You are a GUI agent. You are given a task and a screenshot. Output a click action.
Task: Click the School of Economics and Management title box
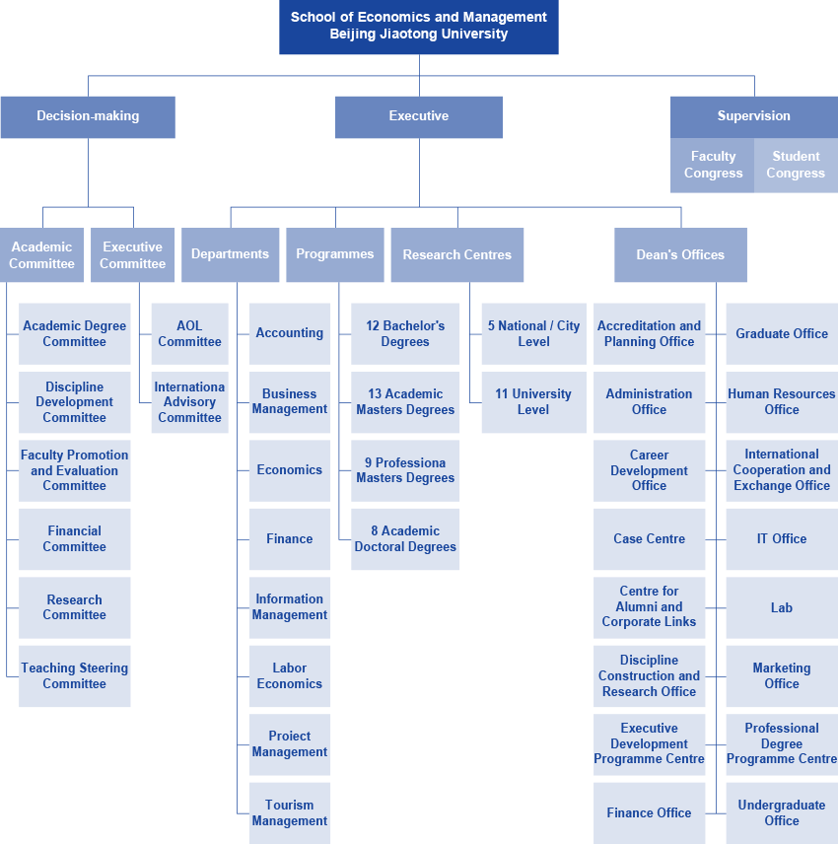(x=419, y=27)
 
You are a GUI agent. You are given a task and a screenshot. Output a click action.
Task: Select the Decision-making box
(x=88, y=117)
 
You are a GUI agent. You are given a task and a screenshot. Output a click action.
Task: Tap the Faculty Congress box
(x=713, y=166)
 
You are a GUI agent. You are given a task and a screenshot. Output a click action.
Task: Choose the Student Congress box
(x=796, y=166)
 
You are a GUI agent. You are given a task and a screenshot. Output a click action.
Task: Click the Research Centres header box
(x=456, y=254)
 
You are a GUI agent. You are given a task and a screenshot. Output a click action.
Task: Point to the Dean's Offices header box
(x=680, y=254)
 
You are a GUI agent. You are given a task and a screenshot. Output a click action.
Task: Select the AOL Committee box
(x=189, y=333)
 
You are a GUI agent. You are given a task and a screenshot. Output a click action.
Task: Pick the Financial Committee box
(x=74, y=538)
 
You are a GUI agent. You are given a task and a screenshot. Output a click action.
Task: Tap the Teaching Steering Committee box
(x=74, y=676)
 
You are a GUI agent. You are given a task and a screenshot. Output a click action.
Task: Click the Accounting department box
(x=290, y=333)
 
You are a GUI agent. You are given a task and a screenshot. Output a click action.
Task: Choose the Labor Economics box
(x=290, y=676)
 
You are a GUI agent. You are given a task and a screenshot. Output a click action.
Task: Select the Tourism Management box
(x=290, y=812)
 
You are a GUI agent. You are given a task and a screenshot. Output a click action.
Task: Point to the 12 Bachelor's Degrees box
(x=405, y=333)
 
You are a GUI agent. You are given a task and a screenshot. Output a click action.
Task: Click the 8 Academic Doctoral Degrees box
(x=405, y=538)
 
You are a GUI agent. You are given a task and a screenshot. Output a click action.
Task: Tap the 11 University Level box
(x=534, y=402)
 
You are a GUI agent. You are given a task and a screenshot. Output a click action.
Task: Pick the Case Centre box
(x=649, y=538)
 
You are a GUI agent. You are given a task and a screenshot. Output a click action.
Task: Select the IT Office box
(x=782, y=538)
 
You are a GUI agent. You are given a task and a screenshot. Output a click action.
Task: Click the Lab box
(x=782, y=607)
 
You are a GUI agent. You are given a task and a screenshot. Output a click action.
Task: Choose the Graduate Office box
(x=782, y=333)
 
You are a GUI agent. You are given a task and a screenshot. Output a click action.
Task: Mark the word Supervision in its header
(x=753, y=115)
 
